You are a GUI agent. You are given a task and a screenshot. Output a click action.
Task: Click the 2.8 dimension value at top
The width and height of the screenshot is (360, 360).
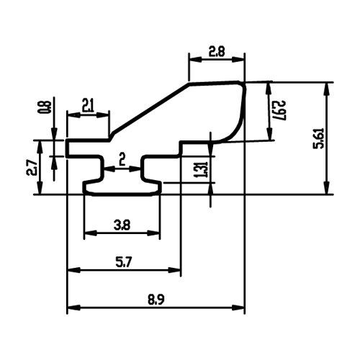point(217,51)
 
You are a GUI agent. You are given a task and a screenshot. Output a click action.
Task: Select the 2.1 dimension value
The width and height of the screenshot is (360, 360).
point(88,107)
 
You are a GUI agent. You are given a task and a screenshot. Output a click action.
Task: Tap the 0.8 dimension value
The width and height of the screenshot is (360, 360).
point(48,107)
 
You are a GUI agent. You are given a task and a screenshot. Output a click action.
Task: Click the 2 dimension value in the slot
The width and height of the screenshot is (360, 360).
point(122,159)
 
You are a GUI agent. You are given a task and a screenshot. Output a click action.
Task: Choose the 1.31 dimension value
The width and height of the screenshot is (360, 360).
point(202,169)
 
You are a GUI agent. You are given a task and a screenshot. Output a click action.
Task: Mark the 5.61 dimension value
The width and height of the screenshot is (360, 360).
point(320,138)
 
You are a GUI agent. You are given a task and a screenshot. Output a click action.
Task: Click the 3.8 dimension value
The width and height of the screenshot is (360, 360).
point(122,225)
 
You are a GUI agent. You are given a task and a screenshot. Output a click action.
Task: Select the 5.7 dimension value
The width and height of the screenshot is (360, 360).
point(124,263)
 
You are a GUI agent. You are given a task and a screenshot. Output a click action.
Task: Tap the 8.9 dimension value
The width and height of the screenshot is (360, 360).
point(156,300)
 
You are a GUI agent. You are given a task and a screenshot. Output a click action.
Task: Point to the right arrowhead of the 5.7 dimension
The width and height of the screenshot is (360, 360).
point(174,270)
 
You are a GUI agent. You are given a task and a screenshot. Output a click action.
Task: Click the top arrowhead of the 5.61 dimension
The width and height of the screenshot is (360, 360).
point(326,89)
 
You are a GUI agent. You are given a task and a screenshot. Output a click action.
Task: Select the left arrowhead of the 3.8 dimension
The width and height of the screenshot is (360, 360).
point(90,233)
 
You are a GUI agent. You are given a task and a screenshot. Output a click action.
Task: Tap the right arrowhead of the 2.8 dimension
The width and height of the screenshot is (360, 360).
point(238,59)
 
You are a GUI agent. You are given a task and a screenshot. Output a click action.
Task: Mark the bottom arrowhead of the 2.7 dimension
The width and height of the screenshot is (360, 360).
point(40,188)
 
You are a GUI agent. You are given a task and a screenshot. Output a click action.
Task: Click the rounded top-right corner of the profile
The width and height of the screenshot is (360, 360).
point(243,84)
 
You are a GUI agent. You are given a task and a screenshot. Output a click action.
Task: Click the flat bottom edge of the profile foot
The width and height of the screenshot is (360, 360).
point(122,194)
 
